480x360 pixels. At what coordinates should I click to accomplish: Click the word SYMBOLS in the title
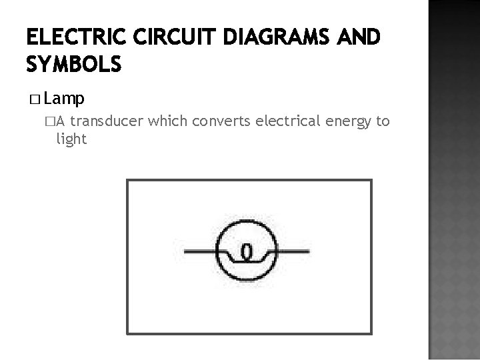click(x=74, y=65)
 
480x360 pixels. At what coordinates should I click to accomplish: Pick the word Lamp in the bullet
click(x=65, y=99)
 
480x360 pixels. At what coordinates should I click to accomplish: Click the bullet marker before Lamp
click(x=35, y=100)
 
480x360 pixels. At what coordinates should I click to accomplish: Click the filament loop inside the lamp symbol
click(x=246, y=251)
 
